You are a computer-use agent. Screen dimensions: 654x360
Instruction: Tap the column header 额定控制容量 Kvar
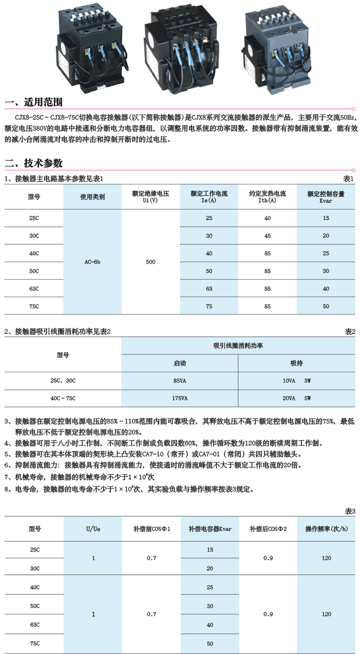click(x=326, y=197)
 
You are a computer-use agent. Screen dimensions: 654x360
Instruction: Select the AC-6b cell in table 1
click(x=92, y=262)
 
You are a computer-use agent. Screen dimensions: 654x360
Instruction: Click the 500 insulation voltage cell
click(x=150, y=262)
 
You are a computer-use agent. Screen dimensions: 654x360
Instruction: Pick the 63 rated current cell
click(x=209, y=289)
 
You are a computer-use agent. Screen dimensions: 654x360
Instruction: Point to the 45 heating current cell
click(x=267, y=236)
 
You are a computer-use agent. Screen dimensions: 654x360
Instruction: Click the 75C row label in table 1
click(x=34, y=306)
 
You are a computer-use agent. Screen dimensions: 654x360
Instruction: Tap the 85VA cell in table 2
click(x=180, y=381)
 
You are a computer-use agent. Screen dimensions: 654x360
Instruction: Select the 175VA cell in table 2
click(x=180, y=398)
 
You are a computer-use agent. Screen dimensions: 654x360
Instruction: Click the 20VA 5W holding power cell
click(x=297, y=398)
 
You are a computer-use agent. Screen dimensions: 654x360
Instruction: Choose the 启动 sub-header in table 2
click(x=180, y=363)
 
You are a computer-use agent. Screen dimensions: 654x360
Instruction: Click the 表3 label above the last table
click(x=350, y=511)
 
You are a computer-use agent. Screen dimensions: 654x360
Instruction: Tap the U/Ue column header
click(x=93, y=529)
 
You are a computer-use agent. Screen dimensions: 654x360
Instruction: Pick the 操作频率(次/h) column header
click(x=326, y=529)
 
